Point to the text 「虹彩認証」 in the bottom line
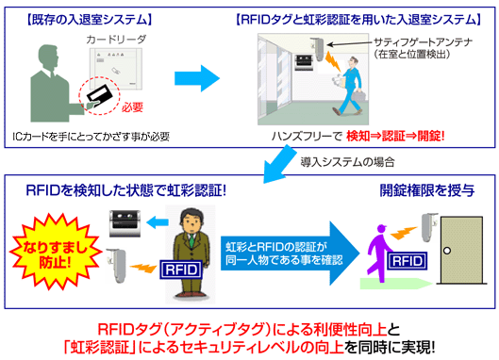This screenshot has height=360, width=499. [105, 345]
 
